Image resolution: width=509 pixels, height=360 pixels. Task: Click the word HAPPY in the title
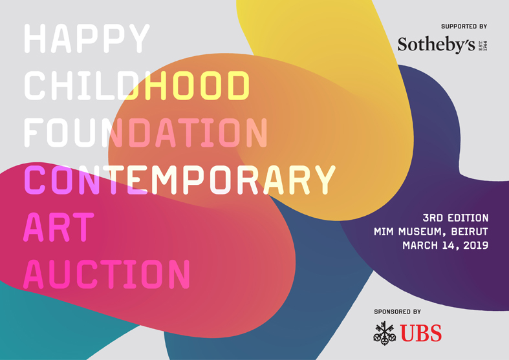pyautogui.click(x=87, y=38)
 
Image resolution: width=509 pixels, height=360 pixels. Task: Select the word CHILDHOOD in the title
pyautogui.click(x=136, y=85)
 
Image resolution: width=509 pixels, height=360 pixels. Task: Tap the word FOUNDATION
pyautogui.click(x=146, y=132)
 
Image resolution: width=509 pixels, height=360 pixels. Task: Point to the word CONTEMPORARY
pyautogui.click(x=180, y=180)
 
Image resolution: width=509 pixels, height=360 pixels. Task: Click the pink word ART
pyautogui.click(x=59, y=227)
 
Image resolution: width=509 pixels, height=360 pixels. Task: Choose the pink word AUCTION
pyautogui.click(x=107, y=274)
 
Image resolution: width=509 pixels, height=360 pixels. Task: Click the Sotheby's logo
pyautogui.click(x=442, y=45)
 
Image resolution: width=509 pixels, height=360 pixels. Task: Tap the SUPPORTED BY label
pyautogui.click(x=464, y=26)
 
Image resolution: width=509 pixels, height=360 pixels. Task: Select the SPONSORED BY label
pyautogui.click(x=397, y=312)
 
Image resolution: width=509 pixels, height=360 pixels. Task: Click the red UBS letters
pyautogui.click(x=420, y=333)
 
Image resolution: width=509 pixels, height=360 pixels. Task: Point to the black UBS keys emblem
pyautogui.click(x=384, y=333)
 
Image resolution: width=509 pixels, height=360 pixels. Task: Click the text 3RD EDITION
pyautogui.click(x=455, y=218)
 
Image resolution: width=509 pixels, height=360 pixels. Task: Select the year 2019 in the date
pyautogui.click(x=475, y=245)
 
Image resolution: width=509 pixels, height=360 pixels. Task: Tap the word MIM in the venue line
pyautogui.click(x=384, y=231)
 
